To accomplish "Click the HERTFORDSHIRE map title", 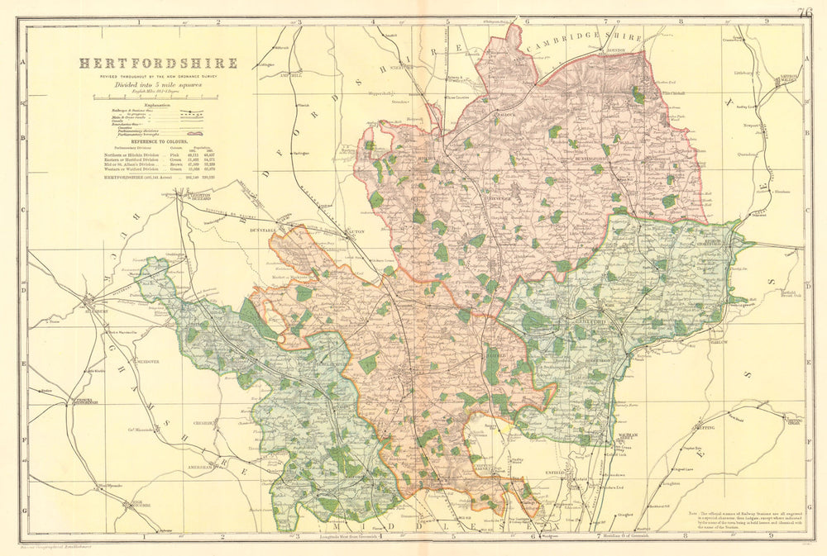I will tap(158, 63).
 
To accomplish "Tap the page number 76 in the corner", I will tap(806, 12).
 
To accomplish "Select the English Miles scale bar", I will tap(158, 98).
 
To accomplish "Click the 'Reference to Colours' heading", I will tap(158, 142).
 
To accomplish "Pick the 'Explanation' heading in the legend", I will tap(158, 107).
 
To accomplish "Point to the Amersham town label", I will tap(202, 467).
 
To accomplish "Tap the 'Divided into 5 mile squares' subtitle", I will tap(158, 84).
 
